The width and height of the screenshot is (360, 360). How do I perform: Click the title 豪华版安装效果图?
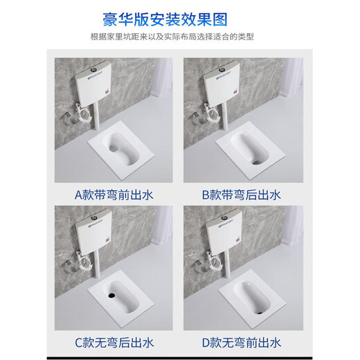(x=179, y=19)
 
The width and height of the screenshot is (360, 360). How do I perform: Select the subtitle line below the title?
(x=179, y=38)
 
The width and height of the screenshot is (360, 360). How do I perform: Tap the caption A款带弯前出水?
(x=114, y=195)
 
